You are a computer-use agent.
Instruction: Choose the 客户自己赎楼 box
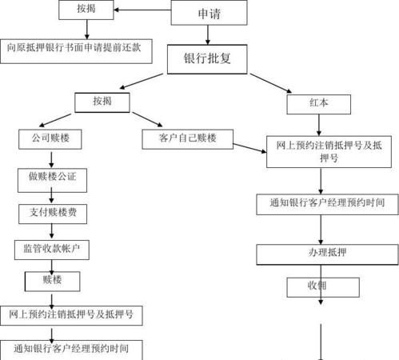click(x=189, y=138)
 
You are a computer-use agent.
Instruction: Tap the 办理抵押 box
click(x=320, y=251)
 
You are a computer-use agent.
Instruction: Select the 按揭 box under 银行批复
click(x=102, y=102)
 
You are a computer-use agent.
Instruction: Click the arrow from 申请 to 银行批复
click(x=207, y=34)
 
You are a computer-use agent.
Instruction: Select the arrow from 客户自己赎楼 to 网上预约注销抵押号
click(x=249, y=145)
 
